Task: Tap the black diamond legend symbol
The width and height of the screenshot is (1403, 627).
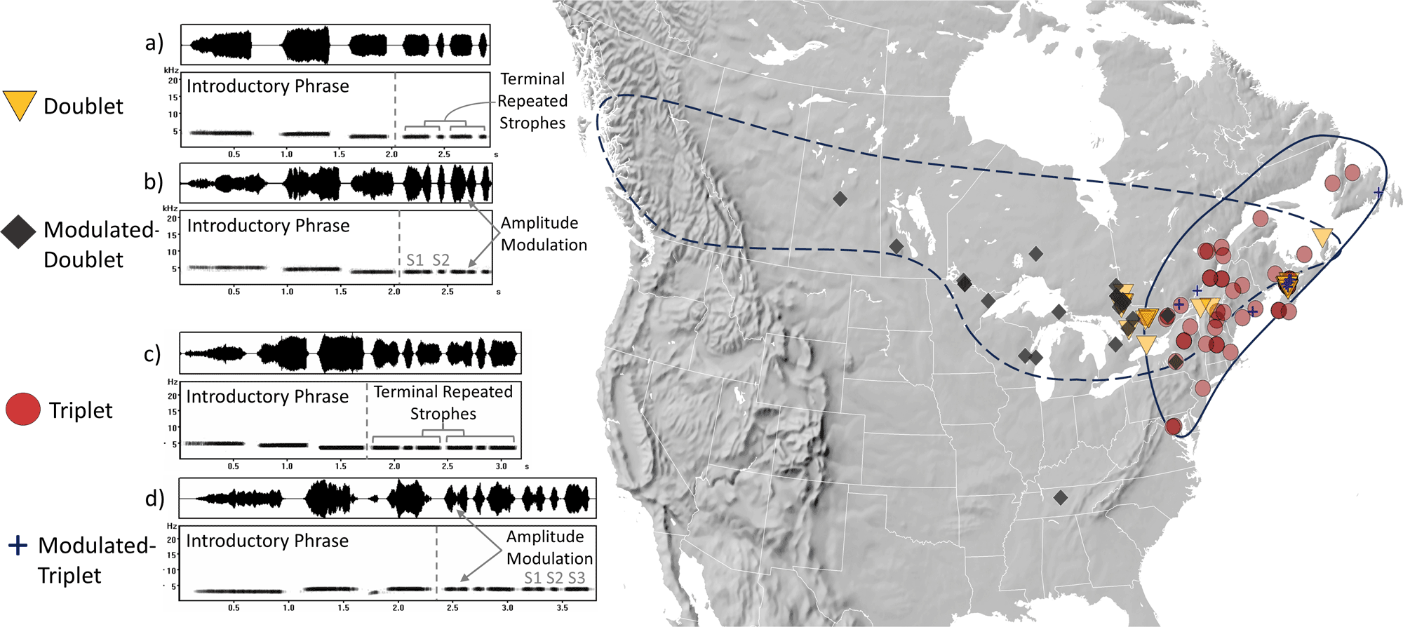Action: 19,231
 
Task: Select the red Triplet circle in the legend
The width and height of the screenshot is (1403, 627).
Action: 23,409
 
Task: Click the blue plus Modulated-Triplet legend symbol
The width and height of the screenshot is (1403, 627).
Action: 18,545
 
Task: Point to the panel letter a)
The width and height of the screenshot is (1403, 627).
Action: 154,43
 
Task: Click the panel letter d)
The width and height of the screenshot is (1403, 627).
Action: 154,498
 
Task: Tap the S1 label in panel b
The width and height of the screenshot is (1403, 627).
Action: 415,260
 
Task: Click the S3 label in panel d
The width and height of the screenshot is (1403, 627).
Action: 577,578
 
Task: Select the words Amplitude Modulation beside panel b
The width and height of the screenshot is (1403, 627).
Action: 544,234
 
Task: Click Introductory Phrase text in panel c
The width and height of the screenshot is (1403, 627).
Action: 267,396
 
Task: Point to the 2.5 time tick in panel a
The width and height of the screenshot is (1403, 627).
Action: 444,154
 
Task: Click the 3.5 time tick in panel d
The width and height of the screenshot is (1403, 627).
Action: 562,607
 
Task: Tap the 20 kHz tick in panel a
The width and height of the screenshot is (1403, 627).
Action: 173,80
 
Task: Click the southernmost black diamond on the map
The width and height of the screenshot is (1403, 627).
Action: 1061,497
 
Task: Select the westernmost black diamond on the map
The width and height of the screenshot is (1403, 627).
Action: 840,199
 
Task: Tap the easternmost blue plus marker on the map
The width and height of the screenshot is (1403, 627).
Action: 1378,191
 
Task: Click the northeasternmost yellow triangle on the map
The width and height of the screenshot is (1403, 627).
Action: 1322,236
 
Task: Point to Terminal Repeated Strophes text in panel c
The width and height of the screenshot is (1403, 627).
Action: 443,403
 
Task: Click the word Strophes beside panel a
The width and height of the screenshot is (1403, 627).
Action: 532,123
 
